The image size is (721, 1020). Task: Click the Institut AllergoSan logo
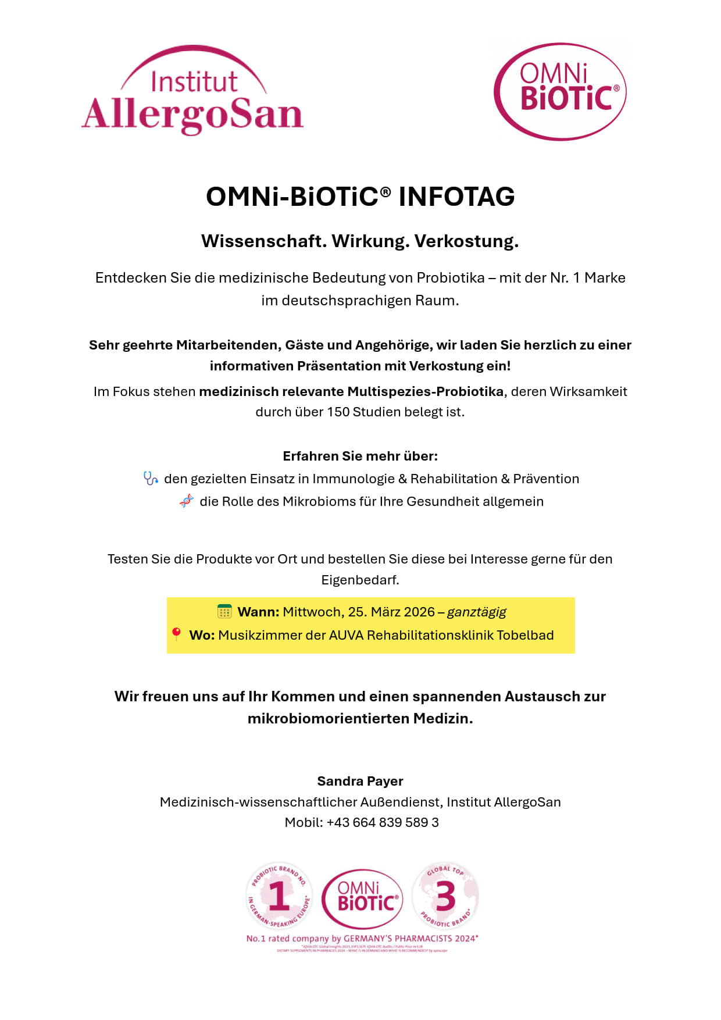(193, 91)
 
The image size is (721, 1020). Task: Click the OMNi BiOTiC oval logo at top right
(560, 91)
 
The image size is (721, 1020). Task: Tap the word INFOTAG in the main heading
(456, 197)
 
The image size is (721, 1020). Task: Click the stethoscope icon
(151, 479)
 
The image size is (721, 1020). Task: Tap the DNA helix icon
(186, 501)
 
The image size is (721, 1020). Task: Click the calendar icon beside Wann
(224, 612)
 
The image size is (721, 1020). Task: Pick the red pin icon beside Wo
(176, 634)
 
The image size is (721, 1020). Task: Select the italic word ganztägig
(476, 612)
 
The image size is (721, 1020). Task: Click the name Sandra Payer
(360, 781)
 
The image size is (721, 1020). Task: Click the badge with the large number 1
(279, 896)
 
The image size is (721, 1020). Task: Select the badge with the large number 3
(445, 896)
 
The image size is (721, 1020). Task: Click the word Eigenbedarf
(360, 580)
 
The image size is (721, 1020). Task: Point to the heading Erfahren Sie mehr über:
(360, 456)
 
